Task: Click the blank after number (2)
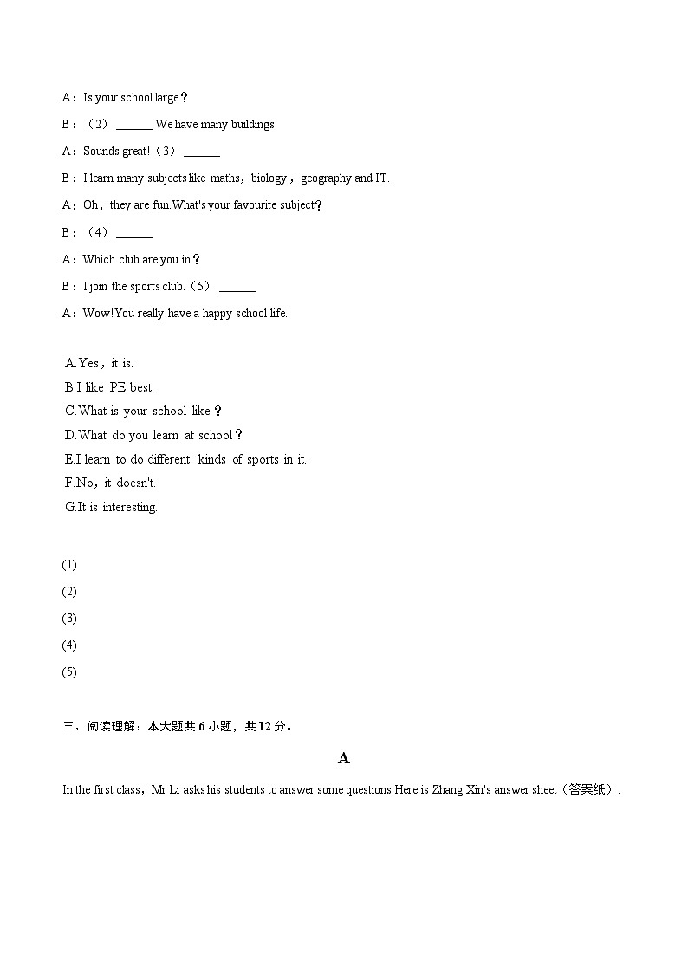pyautogui.click(x=133, y=126)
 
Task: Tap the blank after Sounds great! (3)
pyautogui.click(x=202, y=152)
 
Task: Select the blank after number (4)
pyautogui.click(x=133, y=234)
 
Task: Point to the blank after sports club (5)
pyautogui.click(x=237, y=288)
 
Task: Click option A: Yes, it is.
pyautogui.click(x=100, y=363)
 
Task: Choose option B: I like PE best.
pyautogui.click(x=109, y=387)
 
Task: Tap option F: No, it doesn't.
pyautogui.click(x=111, y=483)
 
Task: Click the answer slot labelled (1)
pyautogui.click(x=69, y=565)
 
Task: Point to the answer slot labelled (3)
pyautogui.click(x=69, y=619)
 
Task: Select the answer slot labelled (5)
pyautogui.click(x=69, y=672)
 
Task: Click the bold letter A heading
pyautogui.click(x=344, y=758)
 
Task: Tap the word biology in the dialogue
pyautogui.click(x=269, y=178)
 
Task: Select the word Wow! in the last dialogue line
pyautogui.click(x=98, y=314)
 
